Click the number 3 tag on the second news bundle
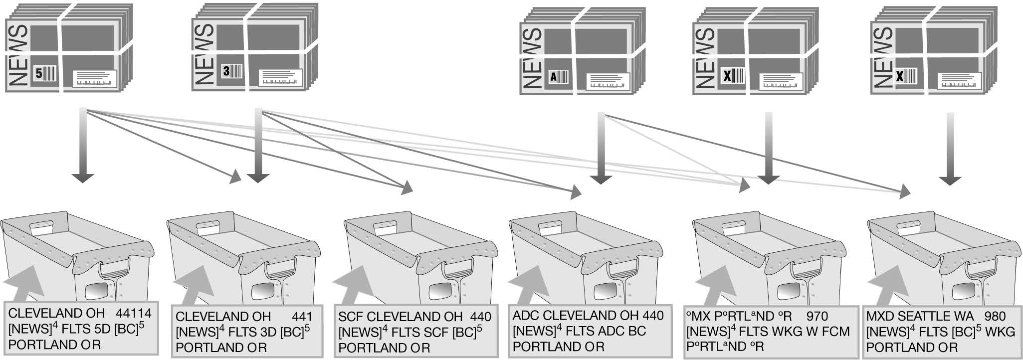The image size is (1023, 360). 226,71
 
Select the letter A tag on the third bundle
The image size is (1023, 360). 553,77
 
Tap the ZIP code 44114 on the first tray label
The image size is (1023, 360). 134,314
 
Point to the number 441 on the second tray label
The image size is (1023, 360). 302,317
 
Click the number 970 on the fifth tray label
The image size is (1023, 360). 817,316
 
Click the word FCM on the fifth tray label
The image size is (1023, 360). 835,331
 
